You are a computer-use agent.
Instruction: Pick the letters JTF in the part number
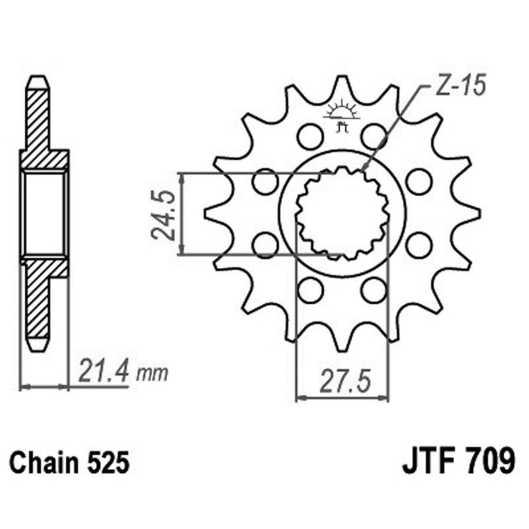coord(427,462)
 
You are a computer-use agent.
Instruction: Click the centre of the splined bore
coord(342,213)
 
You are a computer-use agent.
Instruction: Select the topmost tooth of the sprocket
coord(342,86)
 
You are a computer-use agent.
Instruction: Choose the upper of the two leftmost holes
coord(265,181)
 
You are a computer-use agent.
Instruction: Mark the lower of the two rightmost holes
coord(419,245)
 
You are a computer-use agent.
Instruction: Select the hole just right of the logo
coord(374,137)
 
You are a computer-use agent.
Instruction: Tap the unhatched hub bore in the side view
coord(44,213)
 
